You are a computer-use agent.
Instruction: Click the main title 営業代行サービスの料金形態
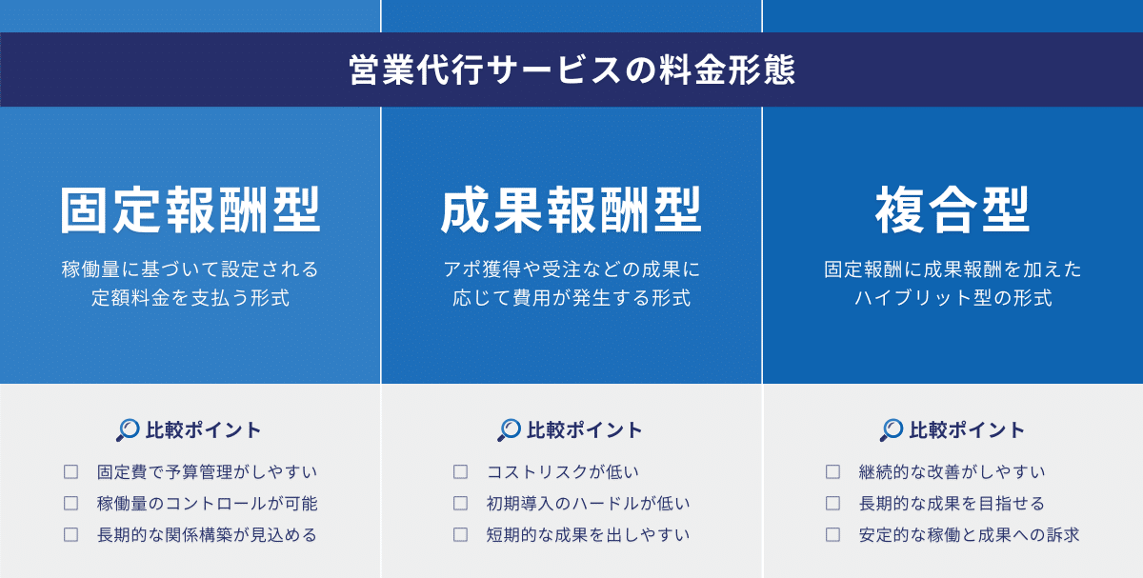pyautogui.click(x=571, y=70)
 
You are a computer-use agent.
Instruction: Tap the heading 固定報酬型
pyautogui.click(x=190, y=210)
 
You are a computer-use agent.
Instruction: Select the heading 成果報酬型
pyautogui.click(x=571, y=210)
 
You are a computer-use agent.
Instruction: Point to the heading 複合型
pyautogui.click(x=952, y=210)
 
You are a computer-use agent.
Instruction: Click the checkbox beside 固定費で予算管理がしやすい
pyautogui.click(x=70, y=471)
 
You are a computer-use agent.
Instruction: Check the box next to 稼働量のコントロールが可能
pyautogui.click(x=70, y=503)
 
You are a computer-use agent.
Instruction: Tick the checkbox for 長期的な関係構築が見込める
pyautogui.click(x=70, y=534)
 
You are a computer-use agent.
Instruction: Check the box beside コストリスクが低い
pyautogui.click(x=460, y=471)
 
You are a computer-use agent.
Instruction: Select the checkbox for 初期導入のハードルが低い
pyautogui.click(x=460, y=503)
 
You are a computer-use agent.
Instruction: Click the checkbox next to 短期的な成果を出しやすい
pyautogui.click(x=460, y=534)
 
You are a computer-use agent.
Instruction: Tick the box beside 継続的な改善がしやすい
pyautogui.click(x=832, y=471)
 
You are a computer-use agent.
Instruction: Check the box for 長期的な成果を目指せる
pyautogui.click(x=832, y=503)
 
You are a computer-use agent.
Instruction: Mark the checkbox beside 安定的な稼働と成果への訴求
pyautogui.click(x=832, y=534)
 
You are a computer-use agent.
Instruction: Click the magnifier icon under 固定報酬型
pyautogui.click(x=128, y=430)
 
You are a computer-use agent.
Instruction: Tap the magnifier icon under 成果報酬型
pyautogui.click(x=510, y=430)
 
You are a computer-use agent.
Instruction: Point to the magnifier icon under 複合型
pyautogui.click(x=892, y=430)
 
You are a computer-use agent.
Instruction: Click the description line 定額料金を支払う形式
pyautogui.click(x=190, y=298)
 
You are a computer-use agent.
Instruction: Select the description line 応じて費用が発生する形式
pyautogui.click(x=571, y=298)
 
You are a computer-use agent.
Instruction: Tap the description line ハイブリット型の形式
pyautogui.click(x=952, y=298)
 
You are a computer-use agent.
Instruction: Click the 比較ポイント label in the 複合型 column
pyautogui.click(x=967, y=430)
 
